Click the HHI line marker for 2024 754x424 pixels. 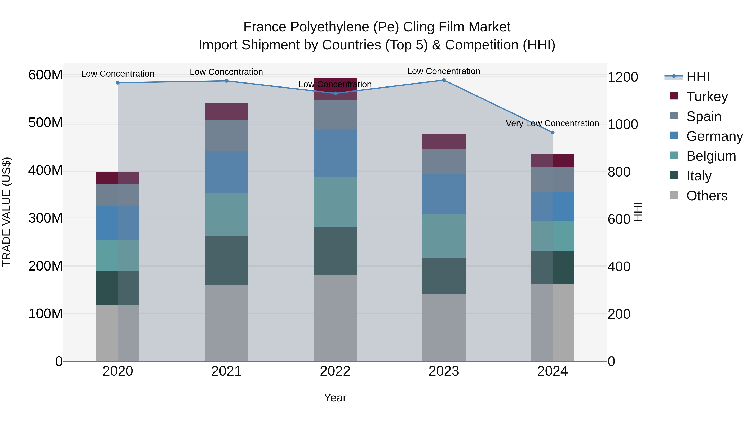(x=552, y=133)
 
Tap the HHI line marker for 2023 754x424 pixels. (x=444, y=80)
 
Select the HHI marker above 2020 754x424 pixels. (x=118, y=83)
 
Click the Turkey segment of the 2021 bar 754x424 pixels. (x=226, y=111)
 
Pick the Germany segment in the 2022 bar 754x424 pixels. (x=335, y=153)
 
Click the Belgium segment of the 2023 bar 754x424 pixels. (x=444, y=236)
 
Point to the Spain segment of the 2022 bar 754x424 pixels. (x=335, y=115)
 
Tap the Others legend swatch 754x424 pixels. (x=674, y=195)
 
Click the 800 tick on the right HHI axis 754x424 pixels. (x=619, y=172)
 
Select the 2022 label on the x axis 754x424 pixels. (x=335, y=371)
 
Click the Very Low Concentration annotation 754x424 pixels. (x=552, y=124)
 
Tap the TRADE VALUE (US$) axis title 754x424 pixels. (x=6, y=212)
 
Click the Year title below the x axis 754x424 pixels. (x=335, y=398)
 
